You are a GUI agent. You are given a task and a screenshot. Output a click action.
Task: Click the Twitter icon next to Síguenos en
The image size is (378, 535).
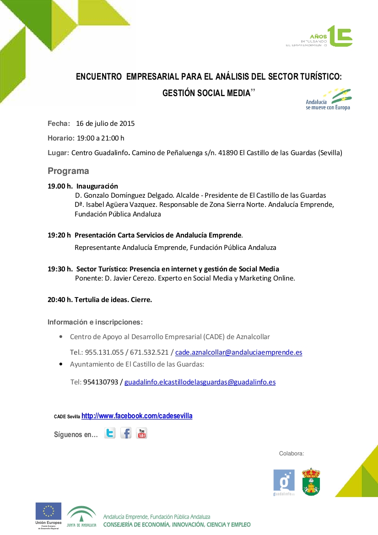tap(110, 433)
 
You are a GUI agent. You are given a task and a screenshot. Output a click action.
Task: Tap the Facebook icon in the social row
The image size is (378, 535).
tap(126, 433)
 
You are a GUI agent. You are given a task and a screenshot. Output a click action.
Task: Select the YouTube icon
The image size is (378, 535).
tap(141, 433)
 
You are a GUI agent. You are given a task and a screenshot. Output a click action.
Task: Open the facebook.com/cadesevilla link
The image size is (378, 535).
tap(137, 416)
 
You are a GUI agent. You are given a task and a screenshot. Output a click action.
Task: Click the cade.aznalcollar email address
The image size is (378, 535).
tap(238, 352)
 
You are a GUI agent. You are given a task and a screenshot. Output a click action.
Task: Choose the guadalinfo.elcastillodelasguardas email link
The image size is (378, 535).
tap(200, 382)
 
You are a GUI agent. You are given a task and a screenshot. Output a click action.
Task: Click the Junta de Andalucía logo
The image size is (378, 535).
tap(81, 516)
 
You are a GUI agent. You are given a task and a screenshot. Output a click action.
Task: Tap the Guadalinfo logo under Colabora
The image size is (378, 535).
tap(284, 482)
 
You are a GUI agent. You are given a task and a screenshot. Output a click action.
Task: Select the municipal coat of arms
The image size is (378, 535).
tap(311, 481)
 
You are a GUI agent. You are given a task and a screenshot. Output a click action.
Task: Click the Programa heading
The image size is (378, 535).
tap(68, 171)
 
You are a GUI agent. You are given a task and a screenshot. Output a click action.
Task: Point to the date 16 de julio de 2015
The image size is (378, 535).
tap(105, 124)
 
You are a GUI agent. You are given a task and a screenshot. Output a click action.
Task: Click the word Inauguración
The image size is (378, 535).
tap(97, 186)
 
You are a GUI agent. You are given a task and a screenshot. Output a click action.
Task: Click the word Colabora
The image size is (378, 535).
tap(292, 454)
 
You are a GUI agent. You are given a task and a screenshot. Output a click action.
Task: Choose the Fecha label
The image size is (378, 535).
tap(59, 124)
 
